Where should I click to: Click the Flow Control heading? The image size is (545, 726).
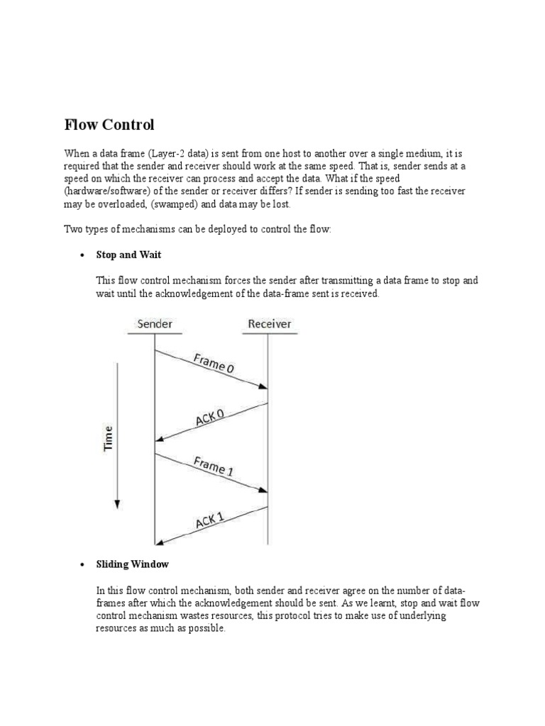coord(109,125)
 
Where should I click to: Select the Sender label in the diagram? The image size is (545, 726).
coord(155,324)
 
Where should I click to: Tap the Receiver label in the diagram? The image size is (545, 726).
coord(269,324)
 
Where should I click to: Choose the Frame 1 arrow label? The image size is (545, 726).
coord(214,467)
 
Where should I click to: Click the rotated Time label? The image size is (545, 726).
coord(109,437)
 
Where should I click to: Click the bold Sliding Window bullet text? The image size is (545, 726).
coord(133,564)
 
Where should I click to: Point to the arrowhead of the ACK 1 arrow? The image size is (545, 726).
coord(160,543)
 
